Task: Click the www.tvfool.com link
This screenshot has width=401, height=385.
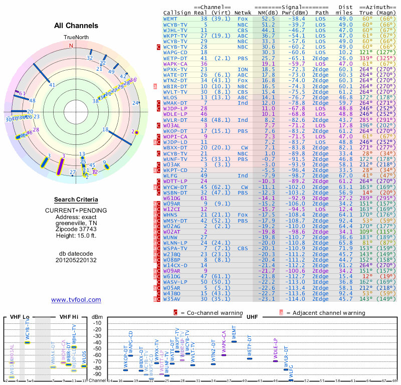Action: (x=76, y=300)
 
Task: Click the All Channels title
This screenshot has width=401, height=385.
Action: (x=76, y=26)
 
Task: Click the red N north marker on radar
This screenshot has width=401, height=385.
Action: (x=71, y=45)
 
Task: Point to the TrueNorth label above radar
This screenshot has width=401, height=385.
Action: (x=76, y=38)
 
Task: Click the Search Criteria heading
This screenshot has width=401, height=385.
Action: (x=76, y=200)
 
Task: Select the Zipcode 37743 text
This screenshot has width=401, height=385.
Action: (x=76, y=229)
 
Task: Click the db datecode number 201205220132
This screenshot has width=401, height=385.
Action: (x=76, y=260)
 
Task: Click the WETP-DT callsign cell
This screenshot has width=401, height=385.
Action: (x=175, y=58)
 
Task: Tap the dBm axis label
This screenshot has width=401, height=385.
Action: (x=97, y=317)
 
